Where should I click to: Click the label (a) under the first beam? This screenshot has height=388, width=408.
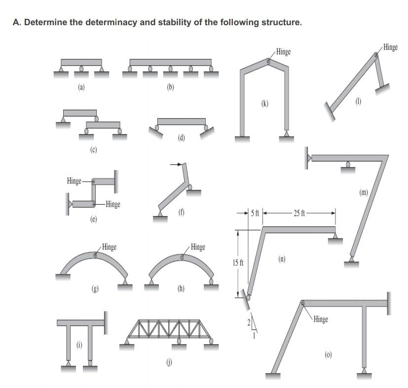tap(81, 87)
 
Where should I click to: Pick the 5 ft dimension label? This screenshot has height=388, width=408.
tap(255, 213)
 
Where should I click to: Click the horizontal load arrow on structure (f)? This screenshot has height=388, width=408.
tap(175, 164)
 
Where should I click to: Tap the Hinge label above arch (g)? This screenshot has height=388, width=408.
tap(109, 246)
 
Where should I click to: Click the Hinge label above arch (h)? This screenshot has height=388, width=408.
tap(197, 246)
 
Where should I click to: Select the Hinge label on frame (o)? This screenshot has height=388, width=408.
tap(320, 319)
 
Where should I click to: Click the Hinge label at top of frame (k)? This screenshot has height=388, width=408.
tap(283, 51)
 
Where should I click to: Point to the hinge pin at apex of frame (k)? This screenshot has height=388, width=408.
tap(268, 62)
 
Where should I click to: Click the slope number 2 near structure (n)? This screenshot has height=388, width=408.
tap(249, 322)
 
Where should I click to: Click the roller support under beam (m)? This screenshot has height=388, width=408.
tap(348, 167)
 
